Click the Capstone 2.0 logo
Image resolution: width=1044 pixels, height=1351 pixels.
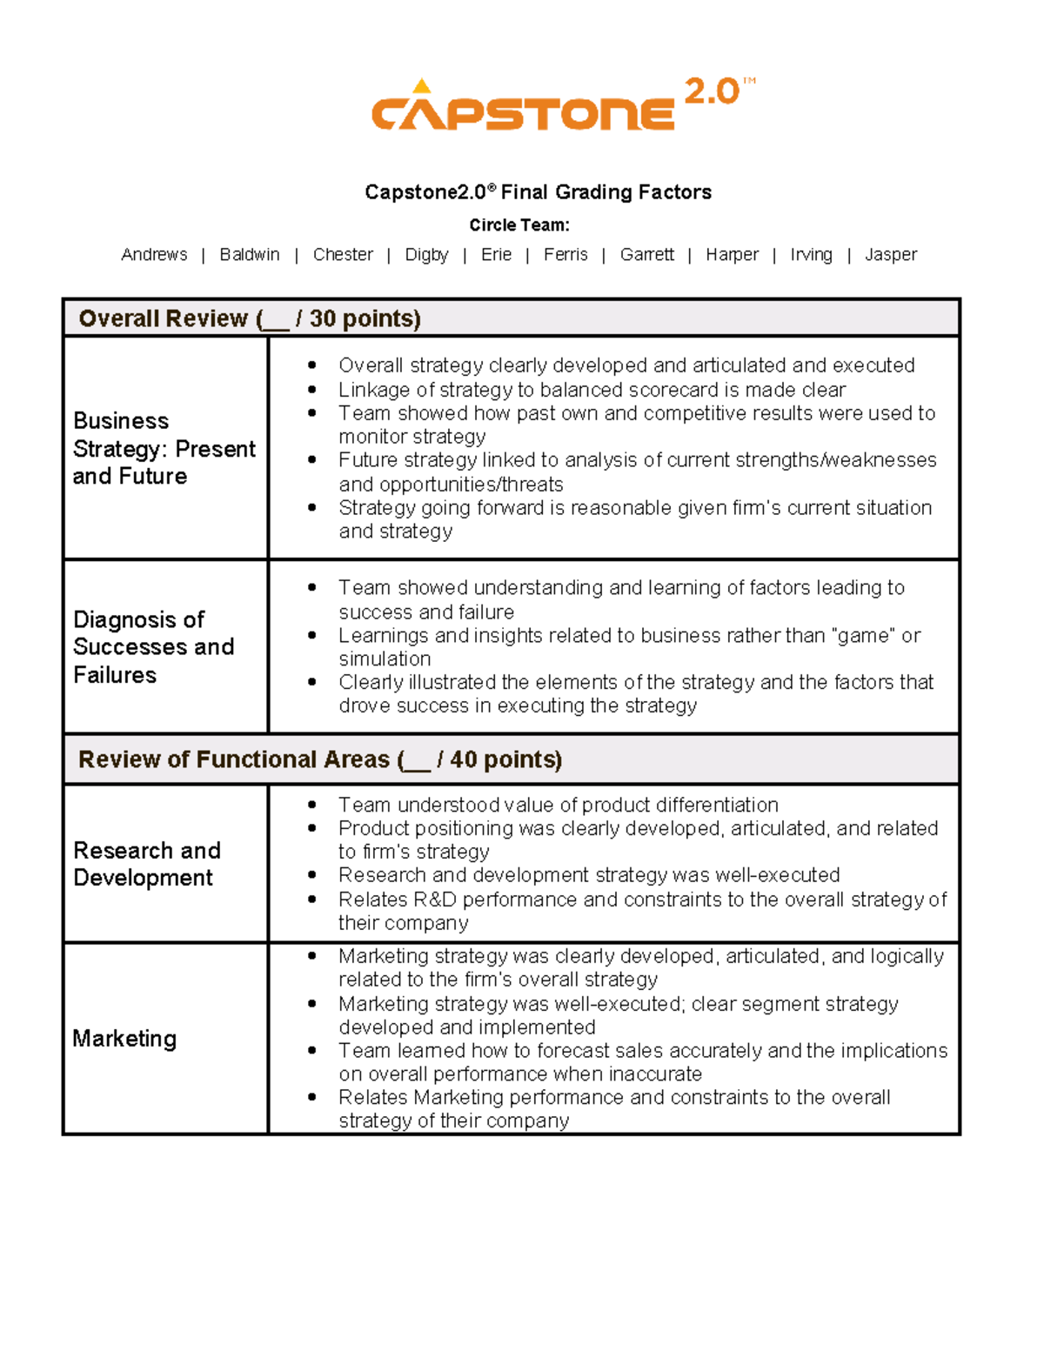pos(562,105)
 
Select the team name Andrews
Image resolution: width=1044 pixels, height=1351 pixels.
pos(154,255)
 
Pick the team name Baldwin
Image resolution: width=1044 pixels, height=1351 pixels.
pos(250,255)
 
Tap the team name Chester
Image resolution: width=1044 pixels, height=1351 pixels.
pos(343,255)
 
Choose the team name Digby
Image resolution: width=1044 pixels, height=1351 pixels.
pos(426,255)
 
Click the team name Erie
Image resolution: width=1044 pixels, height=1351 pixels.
pos(496,255)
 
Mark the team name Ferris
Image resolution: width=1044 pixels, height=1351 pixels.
pos(565,255)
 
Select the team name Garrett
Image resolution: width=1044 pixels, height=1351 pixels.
pos(646,255)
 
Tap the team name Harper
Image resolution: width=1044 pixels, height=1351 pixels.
pos(732,255)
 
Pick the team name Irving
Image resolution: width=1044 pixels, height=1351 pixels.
pos(811,255)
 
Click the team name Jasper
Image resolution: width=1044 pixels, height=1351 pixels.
pos(891,255)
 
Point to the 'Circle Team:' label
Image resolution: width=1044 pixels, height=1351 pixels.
pos(519,225)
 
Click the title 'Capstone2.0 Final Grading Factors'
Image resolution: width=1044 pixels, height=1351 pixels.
pos(538,192)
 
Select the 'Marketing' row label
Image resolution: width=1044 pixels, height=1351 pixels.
pos(124,1039)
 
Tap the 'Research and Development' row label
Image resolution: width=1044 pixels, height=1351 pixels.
pos(146,864)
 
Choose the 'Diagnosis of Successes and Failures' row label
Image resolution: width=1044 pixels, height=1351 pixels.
pos(153,647)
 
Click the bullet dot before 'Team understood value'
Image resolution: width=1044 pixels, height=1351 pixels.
pos(312,806)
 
